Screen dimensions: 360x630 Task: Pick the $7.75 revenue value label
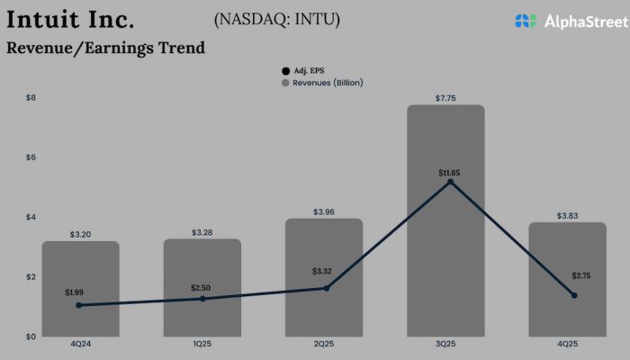(445, 97)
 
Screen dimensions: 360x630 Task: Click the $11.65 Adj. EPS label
(449, 172)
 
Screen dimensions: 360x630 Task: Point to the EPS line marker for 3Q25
(450, 183)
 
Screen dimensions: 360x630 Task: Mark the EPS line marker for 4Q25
(574, 295)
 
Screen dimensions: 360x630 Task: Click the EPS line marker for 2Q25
(326, 288)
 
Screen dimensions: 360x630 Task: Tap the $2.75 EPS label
(580, 275)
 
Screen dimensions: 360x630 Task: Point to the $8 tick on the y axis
(30, 97)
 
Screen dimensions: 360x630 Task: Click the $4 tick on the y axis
(30, 217)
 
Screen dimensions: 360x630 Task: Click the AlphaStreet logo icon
(526, 21)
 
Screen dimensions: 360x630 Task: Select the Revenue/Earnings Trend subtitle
(105, 49)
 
